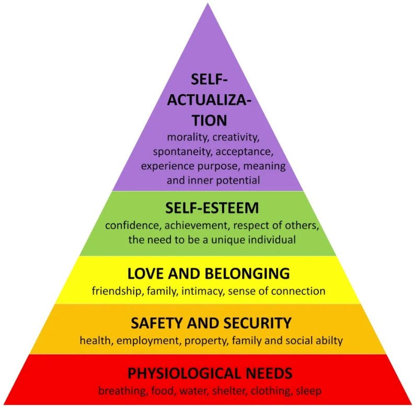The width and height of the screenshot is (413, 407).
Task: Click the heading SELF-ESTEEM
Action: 206,208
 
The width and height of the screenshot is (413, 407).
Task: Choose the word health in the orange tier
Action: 93,341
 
